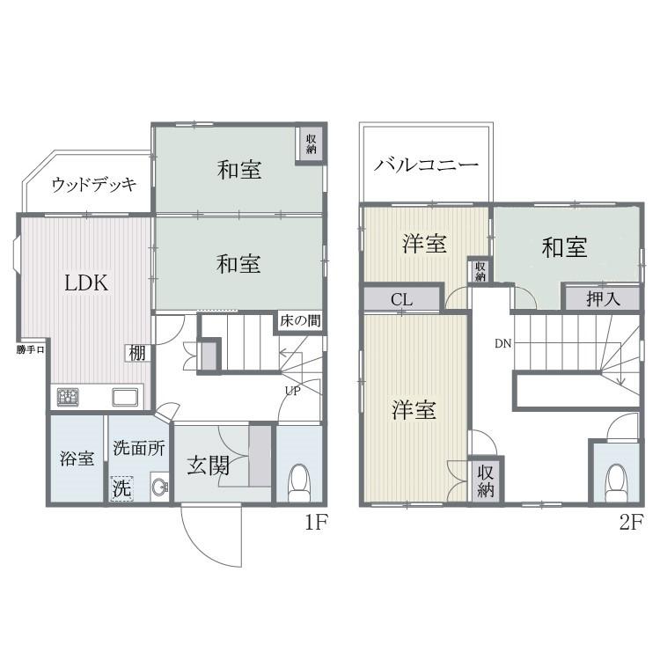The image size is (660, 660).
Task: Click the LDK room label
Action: [x=86, y=283]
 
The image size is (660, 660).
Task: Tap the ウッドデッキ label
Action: [x=94, y=185]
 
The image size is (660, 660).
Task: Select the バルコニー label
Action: [x=426, y=165]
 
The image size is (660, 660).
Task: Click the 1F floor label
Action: [x=316, y=522]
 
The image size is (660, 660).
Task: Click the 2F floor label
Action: [x=630, y=522]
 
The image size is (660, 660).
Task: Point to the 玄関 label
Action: [x=208, y=465]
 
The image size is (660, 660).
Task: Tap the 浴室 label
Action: [x=77, y=458]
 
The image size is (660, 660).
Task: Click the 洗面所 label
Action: [x=139, y=447]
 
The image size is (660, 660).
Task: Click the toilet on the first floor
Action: [x=298, y=479]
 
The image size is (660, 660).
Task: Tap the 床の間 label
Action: [x=299, y=320]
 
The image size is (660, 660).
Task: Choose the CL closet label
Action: [x=401, y=300]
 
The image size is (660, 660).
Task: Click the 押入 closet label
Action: [x=604, y=298]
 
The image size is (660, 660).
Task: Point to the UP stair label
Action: [x=292, y=391]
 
